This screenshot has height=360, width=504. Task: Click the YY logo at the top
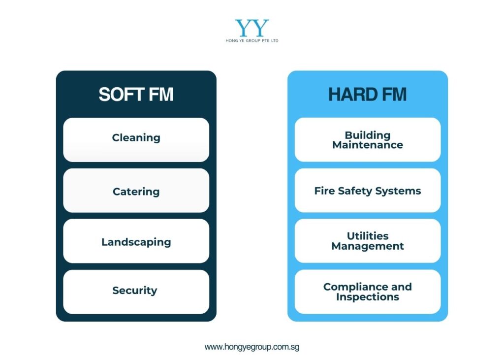pos(252,28)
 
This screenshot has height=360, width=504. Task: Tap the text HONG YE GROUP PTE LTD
pos(252,41)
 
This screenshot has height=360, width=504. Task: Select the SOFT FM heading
pos(136,95)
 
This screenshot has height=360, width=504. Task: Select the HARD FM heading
pos(367,95)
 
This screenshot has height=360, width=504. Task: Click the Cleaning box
pos(136,139)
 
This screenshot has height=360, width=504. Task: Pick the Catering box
pos(136,191)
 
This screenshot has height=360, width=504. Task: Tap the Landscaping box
pos(136,241)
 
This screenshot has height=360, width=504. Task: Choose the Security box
pos(136,292)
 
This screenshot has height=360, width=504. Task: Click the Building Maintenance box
pos(367,139)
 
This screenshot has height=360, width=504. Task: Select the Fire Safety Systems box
pos(367,191)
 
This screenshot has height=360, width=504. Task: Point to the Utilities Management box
pos(367,241)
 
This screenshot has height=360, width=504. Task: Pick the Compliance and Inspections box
pos(367,292)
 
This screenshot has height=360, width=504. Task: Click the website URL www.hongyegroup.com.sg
pos(252,347)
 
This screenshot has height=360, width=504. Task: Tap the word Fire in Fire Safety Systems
pos(324,191)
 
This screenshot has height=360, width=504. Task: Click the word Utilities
pos(368,236)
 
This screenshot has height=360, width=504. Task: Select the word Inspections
pos(368,297)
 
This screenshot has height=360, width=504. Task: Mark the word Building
pos(368,135)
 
